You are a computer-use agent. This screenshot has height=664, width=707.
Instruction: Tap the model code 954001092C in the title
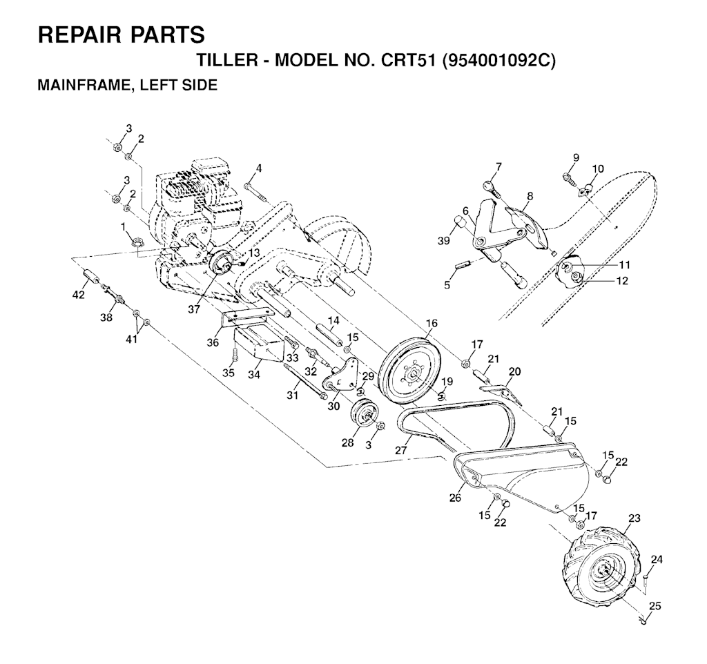pyautogui.click(x=499, y=61)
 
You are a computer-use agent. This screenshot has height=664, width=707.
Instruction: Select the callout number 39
pyautogui.click(x=444, y=241)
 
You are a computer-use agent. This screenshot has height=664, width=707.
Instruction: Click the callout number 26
pyautogui.click(x=456, y=498)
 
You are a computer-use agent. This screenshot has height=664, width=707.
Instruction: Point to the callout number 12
pyautogui.click(x=622, y=281)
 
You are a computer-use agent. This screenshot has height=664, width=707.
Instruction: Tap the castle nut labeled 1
pyautogui.click(x=137, y=243)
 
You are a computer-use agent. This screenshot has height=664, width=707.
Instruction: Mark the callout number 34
pyautogui.click(x=254, y=375)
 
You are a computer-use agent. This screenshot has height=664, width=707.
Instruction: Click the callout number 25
pyautogui.click(x=655, y=606)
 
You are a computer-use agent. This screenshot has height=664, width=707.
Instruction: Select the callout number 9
pyautogui.click(x=577, y=158)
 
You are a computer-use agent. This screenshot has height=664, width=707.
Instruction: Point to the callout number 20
pyautogui.click(x=514, y=371)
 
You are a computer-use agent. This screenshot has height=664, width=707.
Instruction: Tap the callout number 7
pyautogui.click(x=498, y=167)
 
